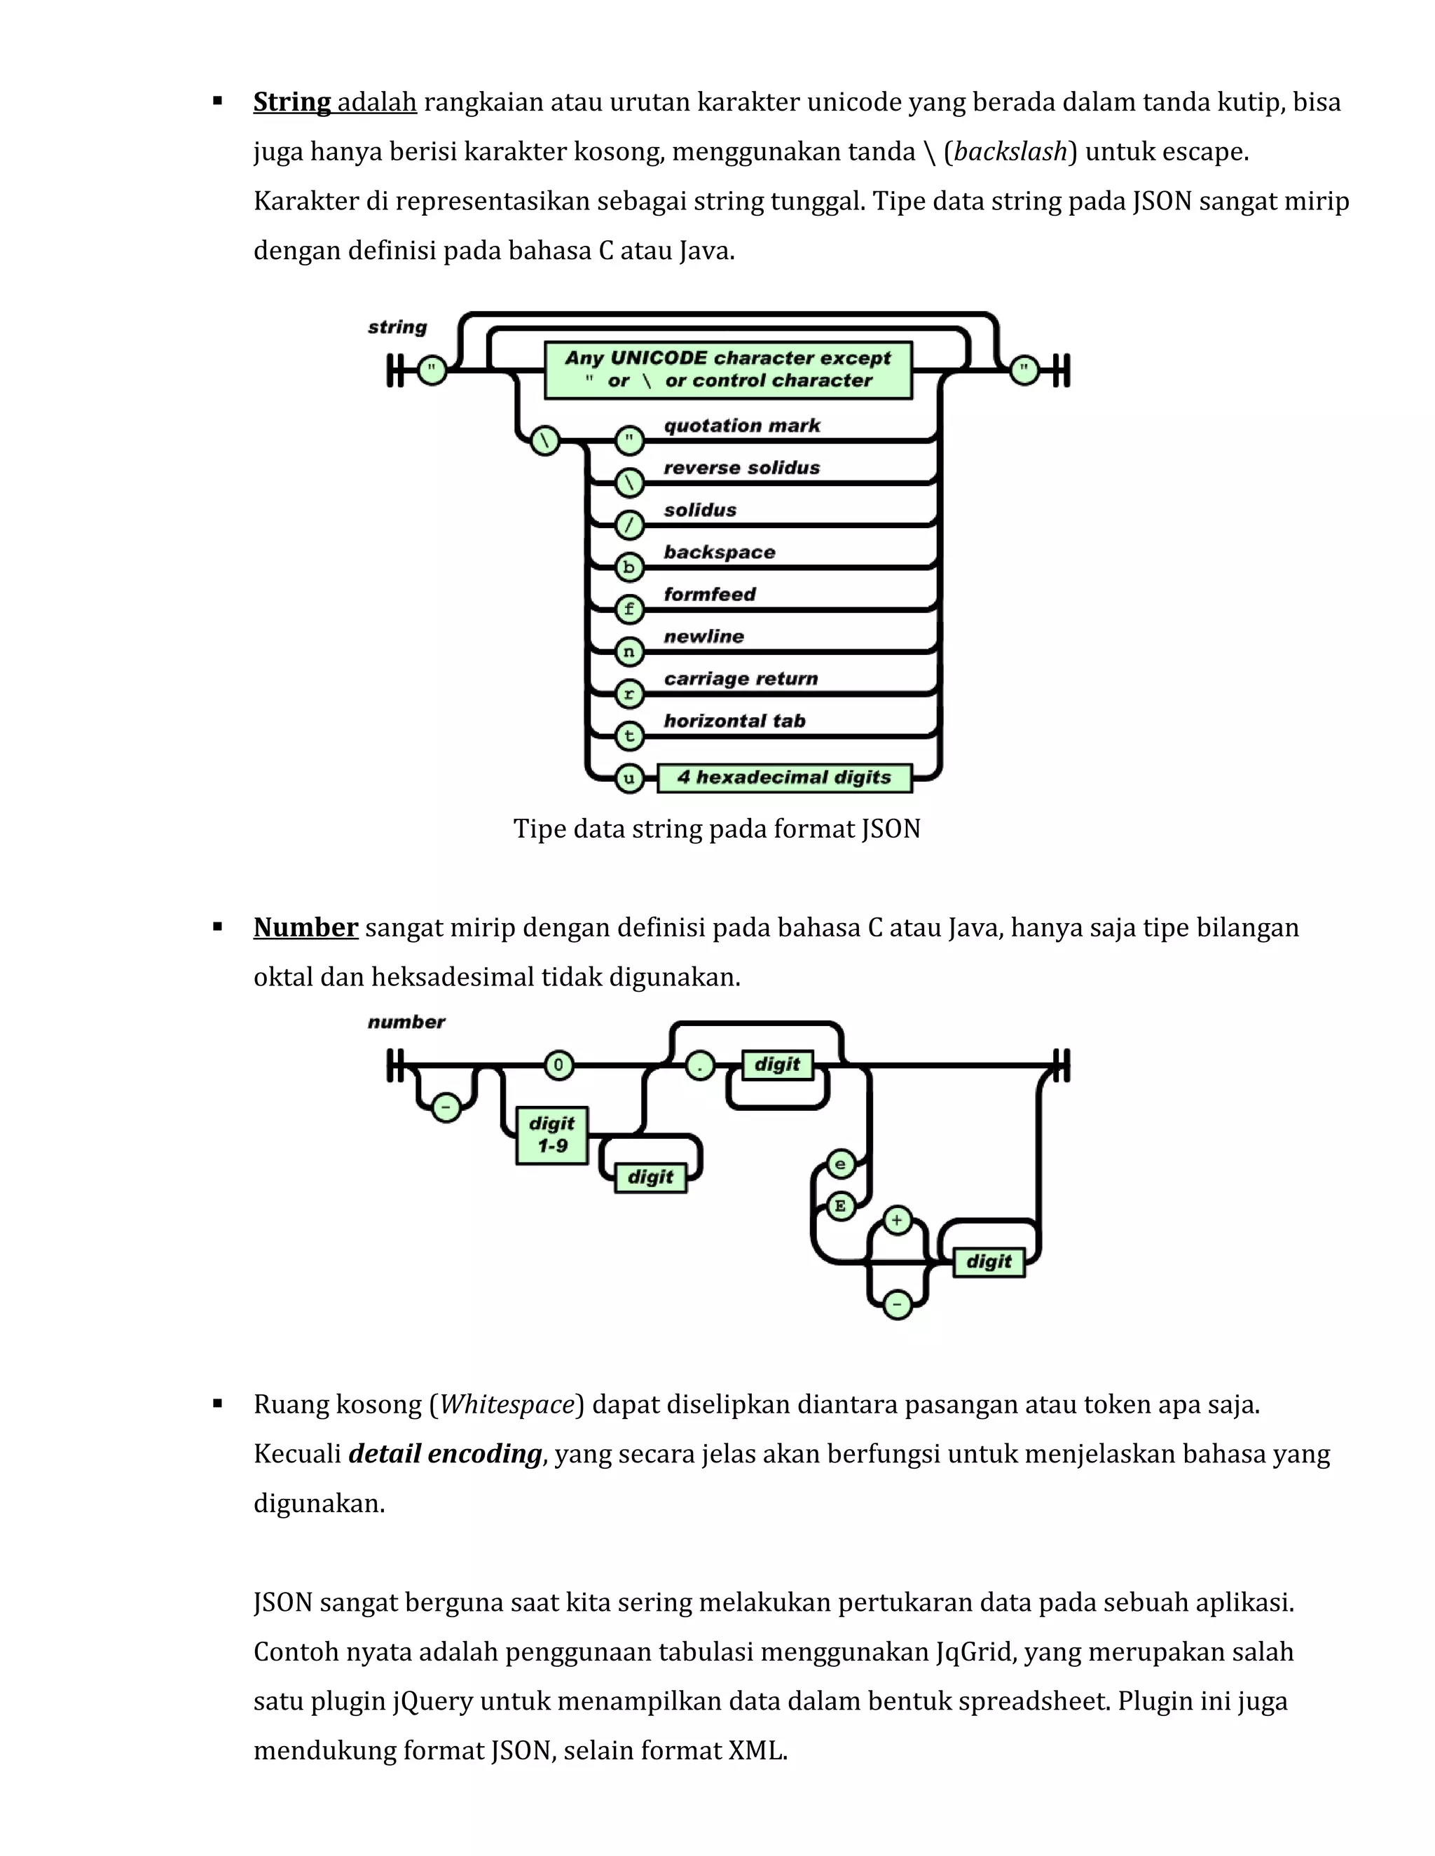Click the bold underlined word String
click(291, 103)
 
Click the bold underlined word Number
click(305, 928)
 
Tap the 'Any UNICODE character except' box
click(728, 370)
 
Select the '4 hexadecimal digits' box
click(784, 777)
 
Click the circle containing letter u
click(629, 777)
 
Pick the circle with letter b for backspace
click(629, 567)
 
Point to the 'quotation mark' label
click(742, 425)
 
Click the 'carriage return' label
click(741, 678)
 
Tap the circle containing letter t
click(629, 735)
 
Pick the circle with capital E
click(841, 1206)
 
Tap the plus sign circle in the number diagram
click(897, 1220)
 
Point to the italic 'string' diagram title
click(397, 327)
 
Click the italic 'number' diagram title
click(406, 1021)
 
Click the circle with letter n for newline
click(629, 652)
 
